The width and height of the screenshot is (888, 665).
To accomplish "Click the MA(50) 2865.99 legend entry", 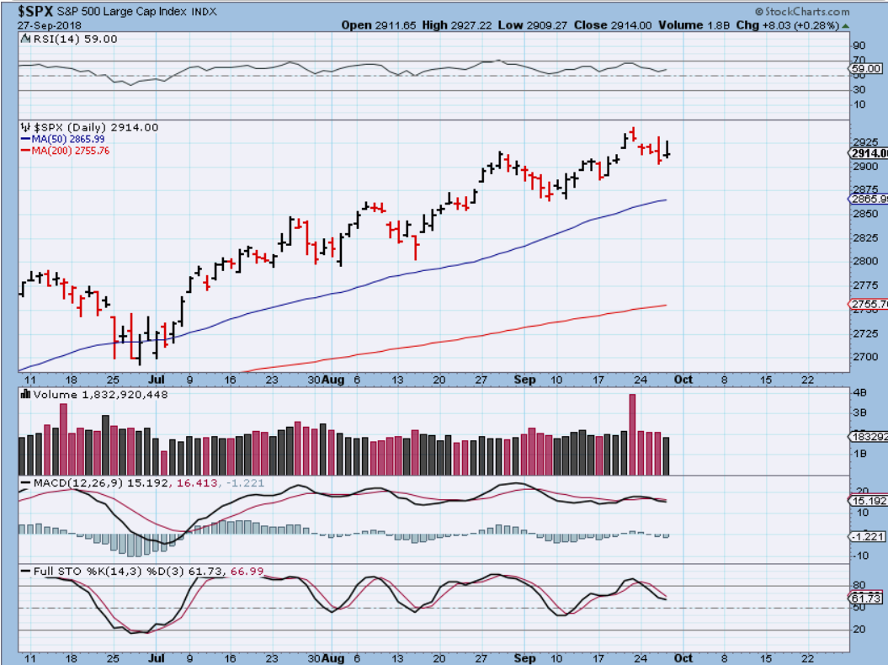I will pos(66,138).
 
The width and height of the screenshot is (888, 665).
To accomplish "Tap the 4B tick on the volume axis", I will pos(859,393).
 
